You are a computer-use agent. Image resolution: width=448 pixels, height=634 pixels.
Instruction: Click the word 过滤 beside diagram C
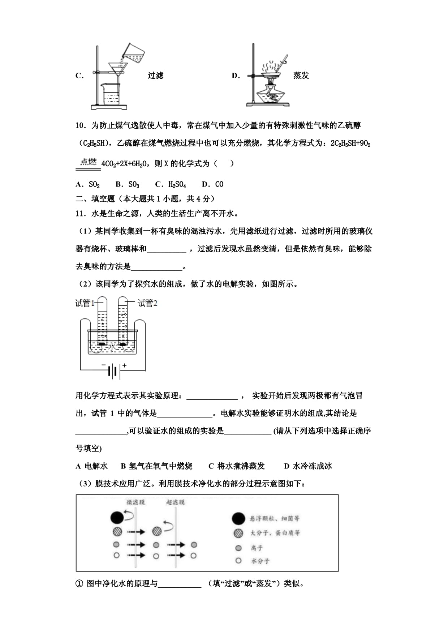click(155, 76)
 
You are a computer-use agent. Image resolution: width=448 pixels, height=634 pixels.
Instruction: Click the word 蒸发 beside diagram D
click(301, 76)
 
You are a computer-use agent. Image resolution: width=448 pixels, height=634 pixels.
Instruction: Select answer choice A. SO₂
click(88, 184)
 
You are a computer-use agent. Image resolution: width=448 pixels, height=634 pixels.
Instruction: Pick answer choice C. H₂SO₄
click(171, 184)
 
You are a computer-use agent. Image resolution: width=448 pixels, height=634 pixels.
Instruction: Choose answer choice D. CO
click(213, 184)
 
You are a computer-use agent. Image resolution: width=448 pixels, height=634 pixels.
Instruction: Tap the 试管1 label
click(85, 303)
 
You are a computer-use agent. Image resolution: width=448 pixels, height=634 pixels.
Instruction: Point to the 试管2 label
click(147, 303)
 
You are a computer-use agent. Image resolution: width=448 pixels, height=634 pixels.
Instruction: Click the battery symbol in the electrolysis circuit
click(113, 371)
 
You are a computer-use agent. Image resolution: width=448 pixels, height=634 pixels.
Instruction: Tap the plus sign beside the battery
click(124, 365)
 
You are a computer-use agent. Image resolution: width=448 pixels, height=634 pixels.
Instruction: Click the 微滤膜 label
click(135, 502)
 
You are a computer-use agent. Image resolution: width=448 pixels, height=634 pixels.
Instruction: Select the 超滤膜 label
click(175, 502)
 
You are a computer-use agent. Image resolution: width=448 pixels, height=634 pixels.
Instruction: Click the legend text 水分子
click(260, 561)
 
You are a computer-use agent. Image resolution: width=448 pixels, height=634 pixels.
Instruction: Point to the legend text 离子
click(257, 548)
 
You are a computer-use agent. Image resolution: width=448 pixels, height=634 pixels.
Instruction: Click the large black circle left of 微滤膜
click(117, 518)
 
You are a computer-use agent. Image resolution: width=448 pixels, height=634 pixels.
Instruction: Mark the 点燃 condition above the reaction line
click(89, 162)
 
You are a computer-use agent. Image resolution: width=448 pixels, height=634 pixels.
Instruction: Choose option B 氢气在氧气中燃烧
click(156, 466)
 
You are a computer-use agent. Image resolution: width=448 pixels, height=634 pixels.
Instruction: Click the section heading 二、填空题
click(95, 198)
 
